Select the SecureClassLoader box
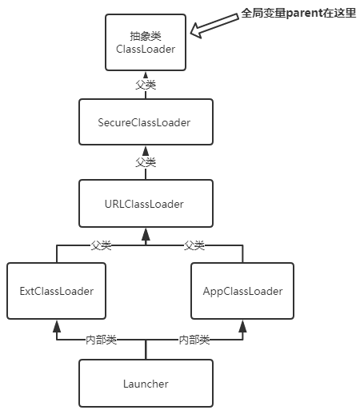pos(146,122)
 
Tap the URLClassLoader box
pos(146,203)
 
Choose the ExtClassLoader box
pos(56,291)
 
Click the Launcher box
pos(146,384)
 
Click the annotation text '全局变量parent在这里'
pos(298,14)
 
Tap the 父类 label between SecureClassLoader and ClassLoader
pos(146,83)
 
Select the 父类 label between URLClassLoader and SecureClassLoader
pos(146,162)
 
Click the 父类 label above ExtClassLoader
pos(101,245)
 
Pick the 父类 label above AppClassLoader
pos(194,245)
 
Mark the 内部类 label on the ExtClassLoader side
pos(101,340)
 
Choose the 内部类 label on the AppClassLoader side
pos(194,340)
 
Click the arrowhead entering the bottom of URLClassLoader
pos(146,234)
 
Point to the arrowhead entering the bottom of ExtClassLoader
pos(56,325)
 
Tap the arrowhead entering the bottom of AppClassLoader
pos(242,325)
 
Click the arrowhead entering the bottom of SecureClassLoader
pos(146,151)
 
